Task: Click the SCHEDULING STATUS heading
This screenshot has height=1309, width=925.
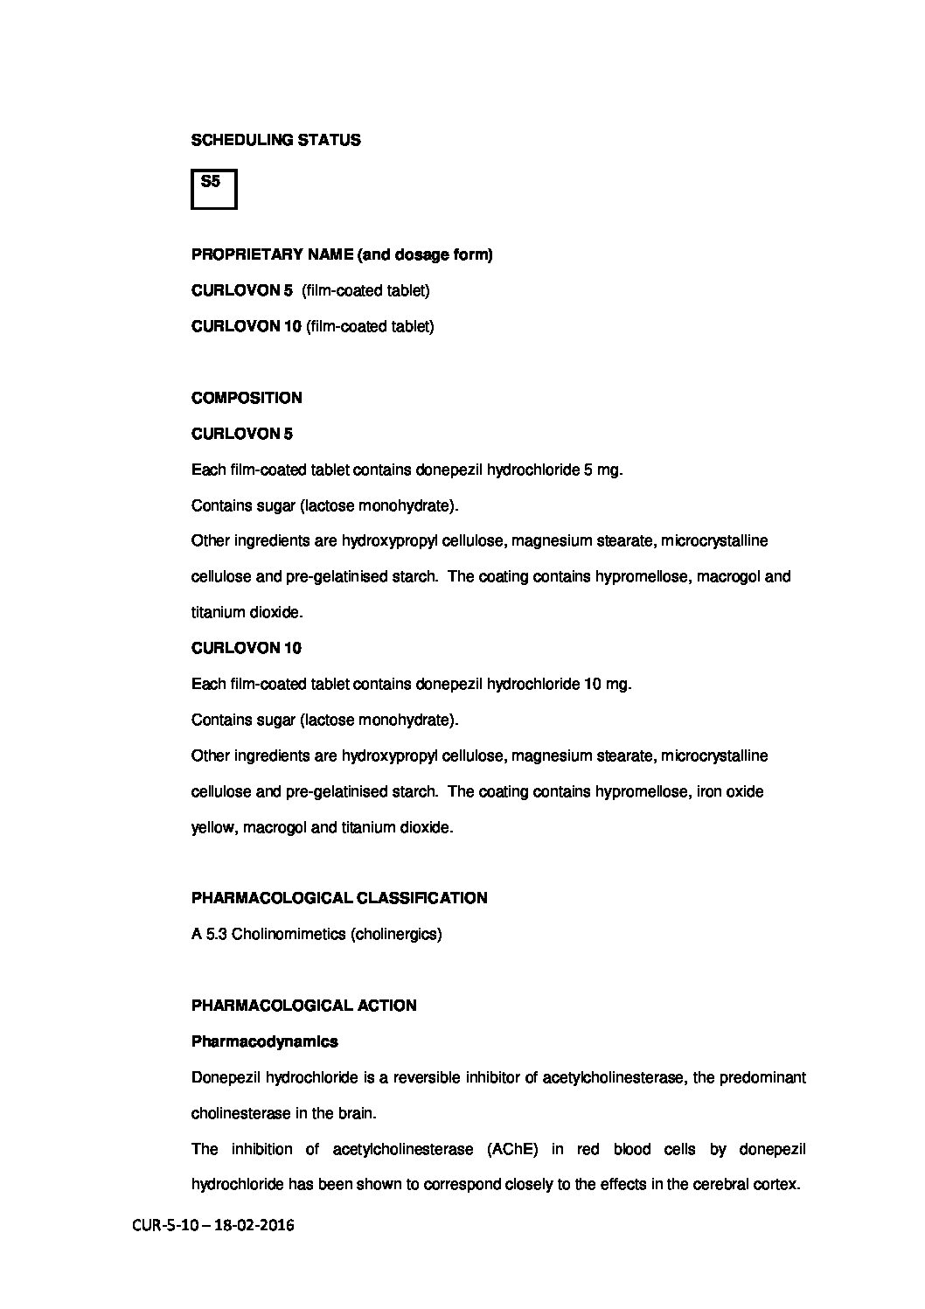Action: coord(275,140)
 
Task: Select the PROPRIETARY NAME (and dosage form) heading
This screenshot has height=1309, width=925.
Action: coord(342,255)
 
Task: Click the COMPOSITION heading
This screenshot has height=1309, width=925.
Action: coord(247,398)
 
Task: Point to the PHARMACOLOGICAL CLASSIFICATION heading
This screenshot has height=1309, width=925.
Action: coord(339,898)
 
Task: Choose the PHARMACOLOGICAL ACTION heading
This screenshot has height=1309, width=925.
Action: coord(303,1006)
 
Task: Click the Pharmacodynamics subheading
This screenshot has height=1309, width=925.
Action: coord(264,1041)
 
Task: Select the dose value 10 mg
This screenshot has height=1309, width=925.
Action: coord(606,684)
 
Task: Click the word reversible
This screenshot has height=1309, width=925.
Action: coord(428,1077)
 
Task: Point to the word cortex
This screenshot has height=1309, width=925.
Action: coord(777,1185)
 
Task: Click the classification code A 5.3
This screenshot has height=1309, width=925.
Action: coord(210,934)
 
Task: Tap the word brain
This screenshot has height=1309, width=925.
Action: coord(356,1113)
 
